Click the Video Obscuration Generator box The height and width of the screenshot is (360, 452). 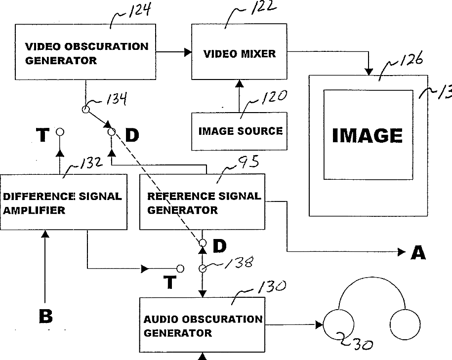86,53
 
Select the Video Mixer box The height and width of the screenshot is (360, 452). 240,53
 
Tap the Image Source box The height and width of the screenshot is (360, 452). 240,131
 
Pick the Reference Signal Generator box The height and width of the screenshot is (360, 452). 203,202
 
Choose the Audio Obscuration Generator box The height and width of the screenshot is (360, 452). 203,325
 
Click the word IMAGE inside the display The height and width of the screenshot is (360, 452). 367,135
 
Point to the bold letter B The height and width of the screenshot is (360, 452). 45,317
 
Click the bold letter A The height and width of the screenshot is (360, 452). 418,253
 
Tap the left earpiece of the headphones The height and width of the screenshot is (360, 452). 339,325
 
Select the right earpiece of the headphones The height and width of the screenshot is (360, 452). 405,325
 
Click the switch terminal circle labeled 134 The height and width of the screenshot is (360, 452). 85,110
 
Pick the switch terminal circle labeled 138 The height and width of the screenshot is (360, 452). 202,269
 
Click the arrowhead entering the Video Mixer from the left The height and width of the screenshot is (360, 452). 188,51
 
